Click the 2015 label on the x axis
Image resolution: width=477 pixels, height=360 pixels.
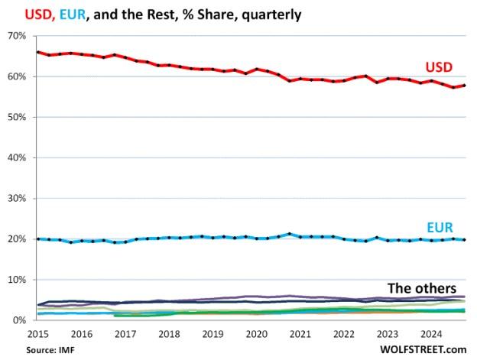click(x=39, y=333)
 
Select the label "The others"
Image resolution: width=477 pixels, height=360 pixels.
click(x=423, y=288)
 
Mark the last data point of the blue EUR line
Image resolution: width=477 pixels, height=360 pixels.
click(x=465, y=240)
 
